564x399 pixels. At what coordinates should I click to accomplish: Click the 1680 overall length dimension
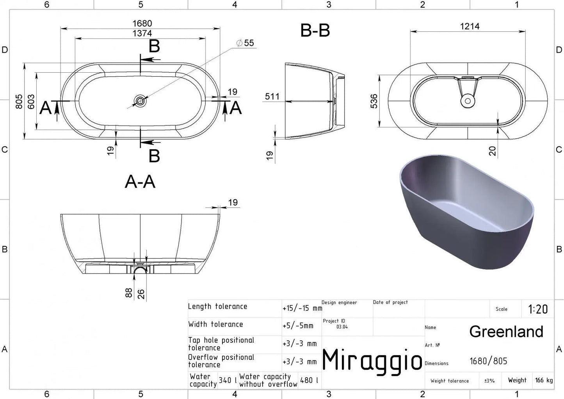[x=142, y=23]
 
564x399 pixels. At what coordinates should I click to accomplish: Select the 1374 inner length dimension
[x=142, y=33]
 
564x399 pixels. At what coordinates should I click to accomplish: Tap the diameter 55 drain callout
[x=245, y=43]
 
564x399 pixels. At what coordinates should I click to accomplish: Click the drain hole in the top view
[x=140, y=101]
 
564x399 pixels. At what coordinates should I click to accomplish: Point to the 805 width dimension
[x=19, y=102]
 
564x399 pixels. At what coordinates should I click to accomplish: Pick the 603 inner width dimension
[x=31, y=102]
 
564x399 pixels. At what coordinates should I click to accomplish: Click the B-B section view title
[x=315, y=30]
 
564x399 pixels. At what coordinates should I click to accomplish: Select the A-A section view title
[x=140, y=181]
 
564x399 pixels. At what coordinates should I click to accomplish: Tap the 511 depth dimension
[x=272, y=96]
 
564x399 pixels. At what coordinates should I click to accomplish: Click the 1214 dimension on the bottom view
[x=470, y=26]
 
